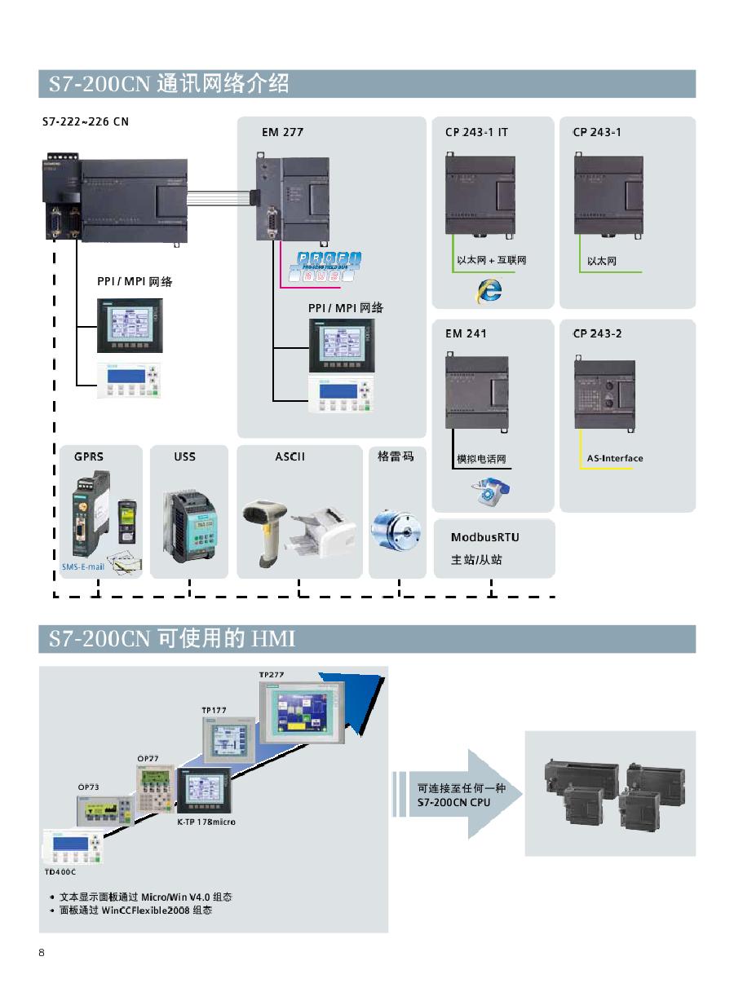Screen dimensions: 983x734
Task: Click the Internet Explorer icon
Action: click(x=489, y=289)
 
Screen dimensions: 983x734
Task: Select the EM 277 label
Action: click(x=282, y=132)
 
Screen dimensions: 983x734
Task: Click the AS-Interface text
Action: click(x=615, y=458)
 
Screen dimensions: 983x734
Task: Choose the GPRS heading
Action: click(x=89, y=456)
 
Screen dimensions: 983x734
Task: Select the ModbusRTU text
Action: click(x=484, y=537)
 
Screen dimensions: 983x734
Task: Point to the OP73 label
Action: click(x=88, y=787)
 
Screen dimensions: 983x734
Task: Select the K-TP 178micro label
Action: click(x=206, y=822)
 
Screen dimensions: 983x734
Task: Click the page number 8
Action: click(x=42, y=954)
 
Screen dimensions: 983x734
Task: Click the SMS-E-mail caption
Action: click(x=82, y=566)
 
